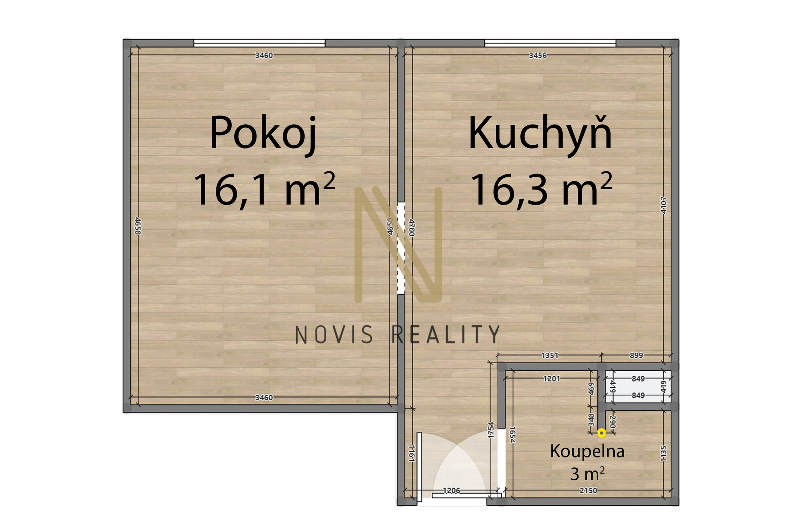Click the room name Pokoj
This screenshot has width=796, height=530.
point(263,134)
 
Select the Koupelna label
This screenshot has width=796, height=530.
point(587,452)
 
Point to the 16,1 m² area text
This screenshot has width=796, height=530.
point(264,189)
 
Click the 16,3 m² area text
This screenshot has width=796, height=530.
point(542,189)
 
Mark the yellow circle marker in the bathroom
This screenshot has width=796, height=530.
point(601,433)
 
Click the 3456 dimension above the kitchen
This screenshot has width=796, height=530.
point(538,55)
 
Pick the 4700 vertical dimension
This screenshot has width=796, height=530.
point(412,228)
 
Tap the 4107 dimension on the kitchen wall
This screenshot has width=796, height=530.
point(664,205)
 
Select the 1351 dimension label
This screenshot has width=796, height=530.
point(550,355)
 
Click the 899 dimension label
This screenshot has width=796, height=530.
point(636,355)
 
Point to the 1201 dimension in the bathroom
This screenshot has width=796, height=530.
point(552,379)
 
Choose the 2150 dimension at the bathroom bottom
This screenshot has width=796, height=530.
point(588,491)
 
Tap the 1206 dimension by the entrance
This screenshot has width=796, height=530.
point(452,491)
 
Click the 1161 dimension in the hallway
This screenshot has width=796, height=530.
point(412,453)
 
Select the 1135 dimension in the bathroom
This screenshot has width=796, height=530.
point(664,453)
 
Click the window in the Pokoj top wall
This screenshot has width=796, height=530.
point(259,43)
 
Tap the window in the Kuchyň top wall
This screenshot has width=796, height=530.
point(550,43)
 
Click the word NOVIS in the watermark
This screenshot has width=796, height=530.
point(334,335)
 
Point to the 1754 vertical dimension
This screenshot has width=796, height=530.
point(491,430)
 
